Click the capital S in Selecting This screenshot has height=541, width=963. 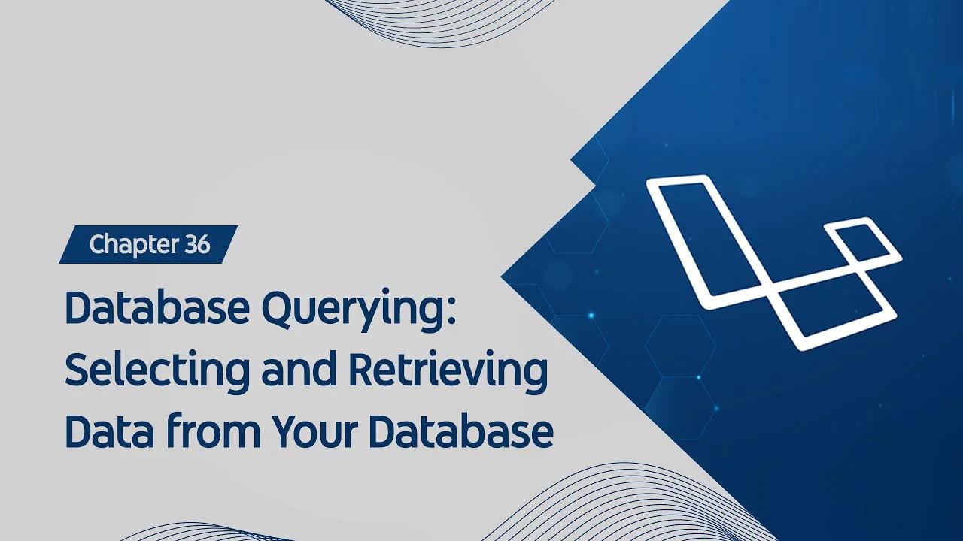[78, 370]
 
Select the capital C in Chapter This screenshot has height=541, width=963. [97, 245]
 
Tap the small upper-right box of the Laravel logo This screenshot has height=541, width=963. [862, 241]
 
